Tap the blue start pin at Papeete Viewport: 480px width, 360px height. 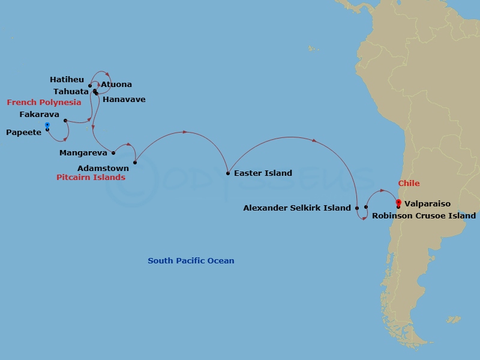[47, 126]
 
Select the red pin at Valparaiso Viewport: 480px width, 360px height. [398, 203]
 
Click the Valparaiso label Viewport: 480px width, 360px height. [427, 204]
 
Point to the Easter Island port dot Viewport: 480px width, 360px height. [228, 173]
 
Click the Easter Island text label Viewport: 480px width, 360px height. [263, 173]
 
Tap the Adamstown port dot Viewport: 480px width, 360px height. [135, 163]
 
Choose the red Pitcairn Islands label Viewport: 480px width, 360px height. [91, 178]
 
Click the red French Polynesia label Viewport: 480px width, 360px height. [44, 103]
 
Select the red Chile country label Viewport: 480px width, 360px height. [409, 184]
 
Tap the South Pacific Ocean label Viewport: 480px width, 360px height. [191, 261]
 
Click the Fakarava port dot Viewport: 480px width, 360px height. [65, 121]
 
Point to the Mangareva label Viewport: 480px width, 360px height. [83, 154]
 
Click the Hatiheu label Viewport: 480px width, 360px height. [67, 79]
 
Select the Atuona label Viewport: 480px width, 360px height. [116, 85]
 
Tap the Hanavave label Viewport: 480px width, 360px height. [124, 100]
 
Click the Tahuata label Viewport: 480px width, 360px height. [71, 91]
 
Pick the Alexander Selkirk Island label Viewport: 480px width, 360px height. [296, 208]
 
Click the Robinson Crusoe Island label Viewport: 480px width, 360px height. [424, 215]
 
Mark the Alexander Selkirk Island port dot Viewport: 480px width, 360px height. [357, 208]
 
